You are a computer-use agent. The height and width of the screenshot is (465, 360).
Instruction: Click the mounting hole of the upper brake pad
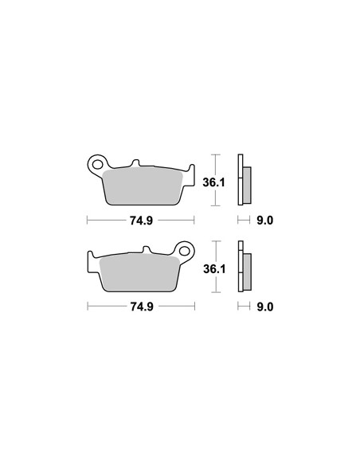click(x=97, y=164)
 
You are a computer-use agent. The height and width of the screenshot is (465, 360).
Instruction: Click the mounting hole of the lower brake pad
click(x=185, y=251)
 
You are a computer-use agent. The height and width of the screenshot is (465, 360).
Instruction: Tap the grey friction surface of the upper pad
click(x=143, y=186)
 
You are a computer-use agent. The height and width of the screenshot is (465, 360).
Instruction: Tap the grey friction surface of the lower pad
click(x=140, y=273)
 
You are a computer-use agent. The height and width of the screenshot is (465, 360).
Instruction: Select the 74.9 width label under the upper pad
click(x=141, y=221)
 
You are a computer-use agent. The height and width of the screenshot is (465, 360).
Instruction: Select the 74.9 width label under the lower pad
click(x=142, y=307)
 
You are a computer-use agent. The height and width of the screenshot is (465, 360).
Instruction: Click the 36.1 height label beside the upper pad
click(x=213, y=182)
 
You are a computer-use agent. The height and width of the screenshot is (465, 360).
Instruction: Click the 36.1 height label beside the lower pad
click(x=214, y=269)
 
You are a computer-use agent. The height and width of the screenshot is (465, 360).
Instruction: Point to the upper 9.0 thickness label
click(x=264, y=221)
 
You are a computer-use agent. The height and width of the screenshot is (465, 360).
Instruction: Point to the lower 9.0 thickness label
click(x=264, y=307)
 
